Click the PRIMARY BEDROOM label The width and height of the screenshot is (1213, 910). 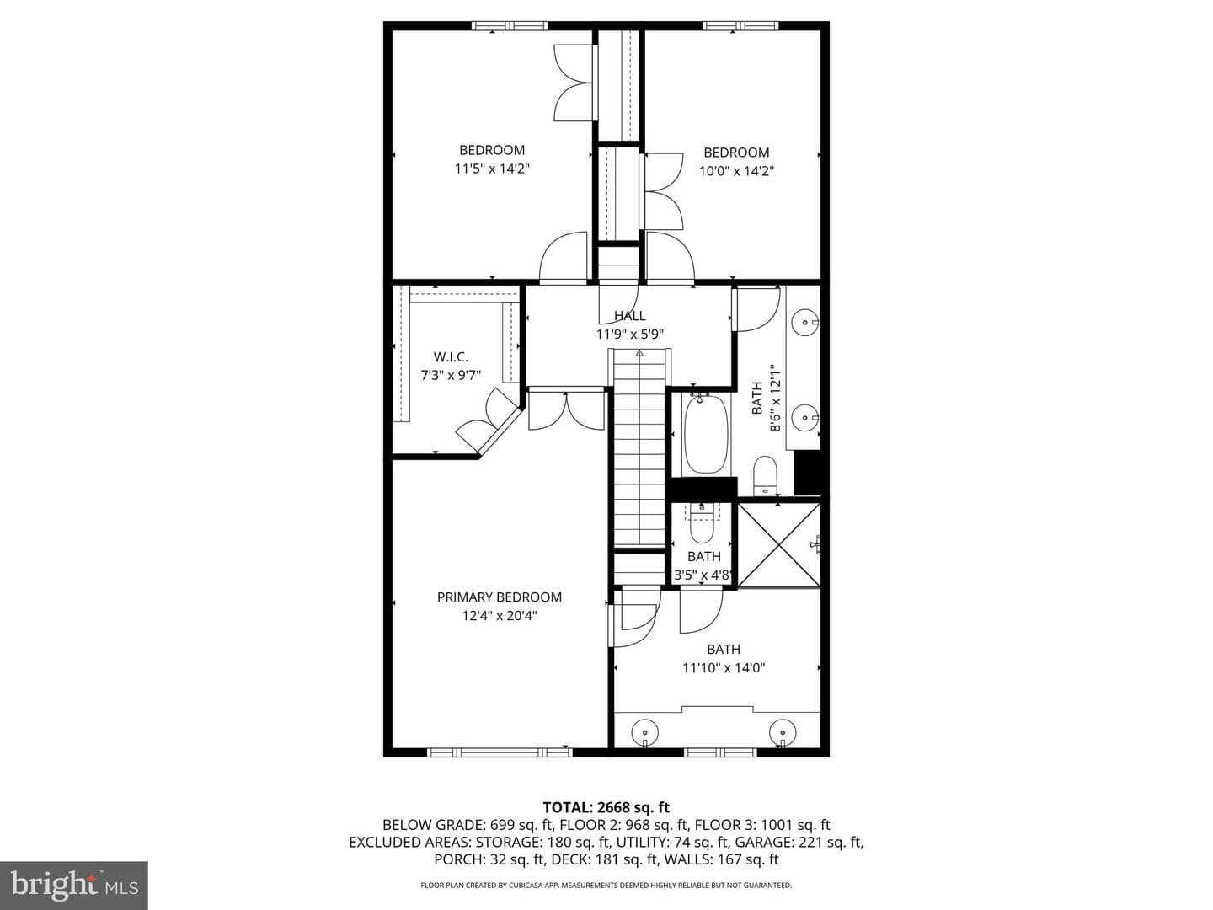tap(499, 597)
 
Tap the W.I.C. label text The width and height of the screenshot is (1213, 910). tap(451, 357)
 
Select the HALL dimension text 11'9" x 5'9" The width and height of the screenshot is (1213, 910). tap(629, 334)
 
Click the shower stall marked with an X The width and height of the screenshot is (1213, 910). tap(779, 545)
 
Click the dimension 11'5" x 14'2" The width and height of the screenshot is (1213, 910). tap(492, 168)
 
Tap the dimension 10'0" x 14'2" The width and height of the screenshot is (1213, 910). tap(736, 170)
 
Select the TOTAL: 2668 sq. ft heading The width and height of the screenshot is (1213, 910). tap(606, 807)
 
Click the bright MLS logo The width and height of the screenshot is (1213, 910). tap(74, 885)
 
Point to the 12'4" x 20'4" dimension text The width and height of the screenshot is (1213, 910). tap(500, 615)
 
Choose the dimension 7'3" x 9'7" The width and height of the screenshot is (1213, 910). tap(451, 375)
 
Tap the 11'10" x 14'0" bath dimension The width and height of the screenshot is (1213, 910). tap(724, 667)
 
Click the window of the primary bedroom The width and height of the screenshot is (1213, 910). tap(493, 752)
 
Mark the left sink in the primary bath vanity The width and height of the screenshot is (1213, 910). tap(645, 733)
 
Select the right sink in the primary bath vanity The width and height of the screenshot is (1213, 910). tap(783, 733)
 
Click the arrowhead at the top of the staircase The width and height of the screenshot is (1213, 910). tap(639, 352)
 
